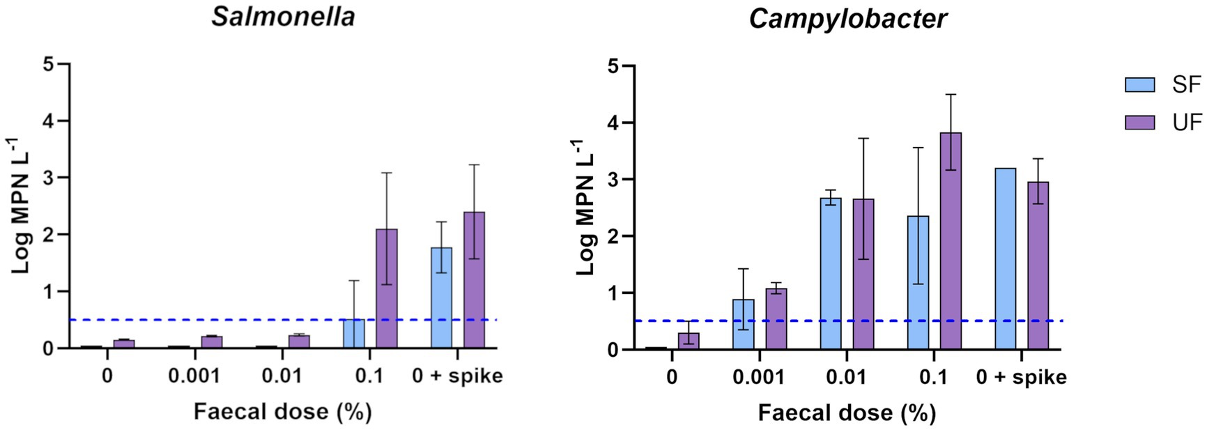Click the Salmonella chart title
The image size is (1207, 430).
283,17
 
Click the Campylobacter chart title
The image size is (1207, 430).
847,19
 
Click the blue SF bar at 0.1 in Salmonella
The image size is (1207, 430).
353,334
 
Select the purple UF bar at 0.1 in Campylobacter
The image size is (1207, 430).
951,241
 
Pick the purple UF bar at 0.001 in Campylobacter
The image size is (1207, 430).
776,319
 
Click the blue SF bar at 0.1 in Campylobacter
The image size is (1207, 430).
918,283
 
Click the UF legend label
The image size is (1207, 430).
1187,123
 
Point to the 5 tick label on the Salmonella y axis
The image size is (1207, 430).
47,64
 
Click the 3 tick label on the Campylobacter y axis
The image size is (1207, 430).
611,180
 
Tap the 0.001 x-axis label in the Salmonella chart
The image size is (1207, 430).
194,376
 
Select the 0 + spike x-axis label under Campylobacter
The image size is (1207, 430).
1021,378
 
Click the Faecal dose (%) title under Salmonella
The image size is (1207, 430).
282,412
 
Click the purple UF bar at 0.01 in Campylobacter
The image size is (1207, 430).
863,275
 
